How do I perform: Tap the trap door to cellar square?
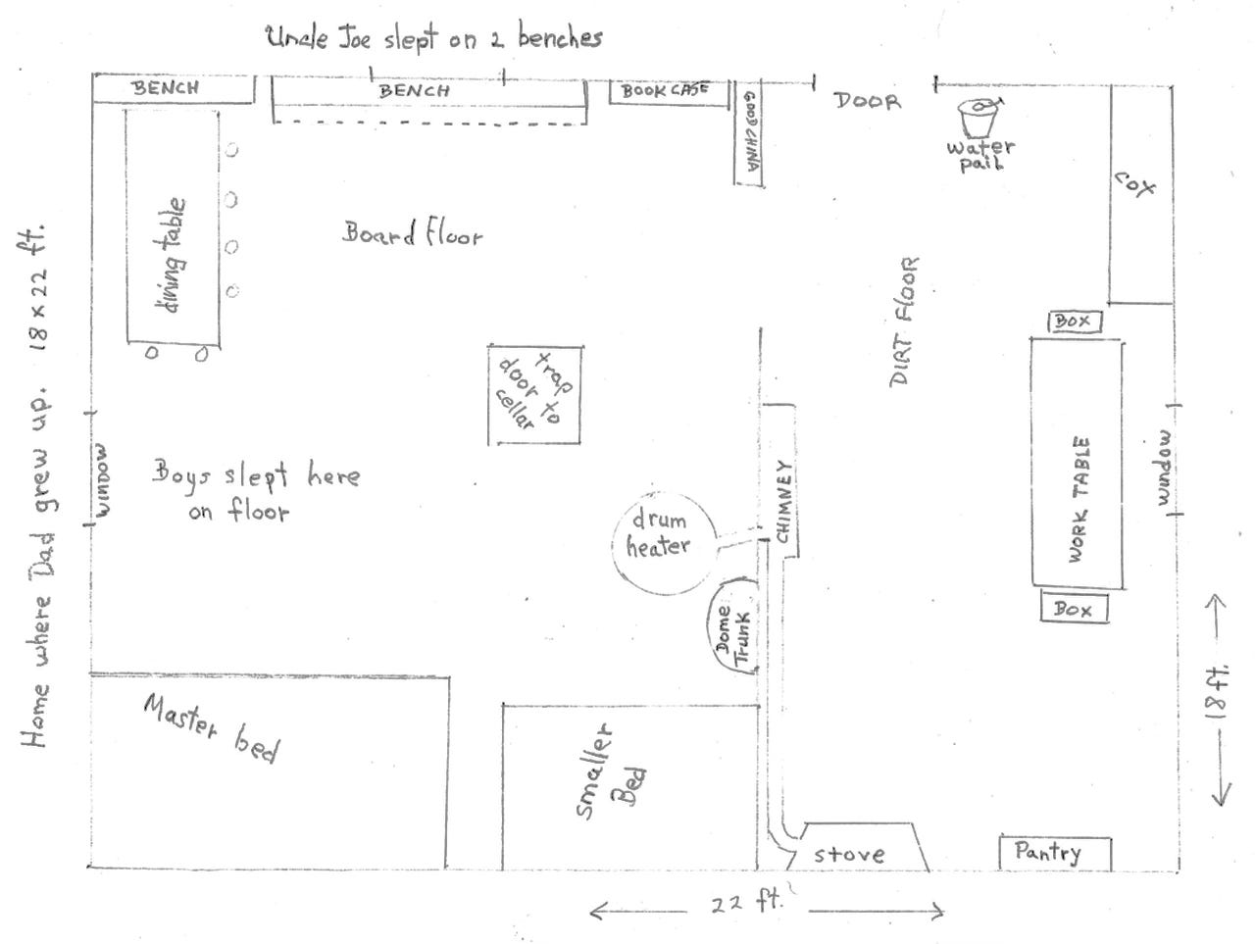point(536,394)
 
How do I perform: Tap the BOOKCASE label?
point(664,91)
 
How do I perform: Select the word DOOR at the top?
point(867,100)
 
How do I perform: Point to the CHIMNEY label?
point(782,503)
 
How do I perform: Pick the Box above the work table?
point(1073,322)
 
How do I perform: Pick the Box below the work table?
point(1073,609)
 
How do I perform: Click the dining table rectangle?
point(173,225)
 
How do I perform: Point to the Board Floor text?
point(413,234)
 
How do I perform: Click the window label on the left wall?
point(106,479)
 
